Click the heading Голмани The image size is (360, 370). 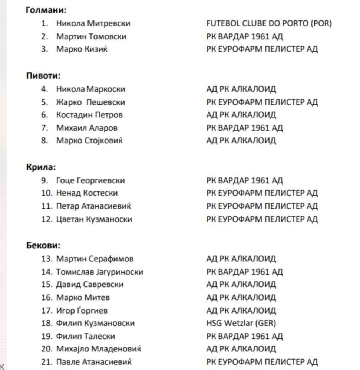pos(43,10)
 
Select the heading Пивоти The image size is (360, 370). pos(43,76)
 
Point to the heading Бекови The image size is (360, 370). pos(43,246)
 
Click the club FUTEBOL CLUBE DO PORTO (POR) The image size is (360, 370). pos(269,23)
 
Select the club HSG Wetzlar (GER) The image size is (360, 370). pos(241,323)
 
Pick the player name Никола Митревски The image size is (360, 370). pos(93,23)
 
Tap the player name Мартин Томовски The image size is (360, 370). pos(91,36)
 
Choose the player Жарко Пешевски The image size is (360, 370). pos(90,102)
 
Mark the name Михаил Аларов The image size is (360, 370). pos(87,128)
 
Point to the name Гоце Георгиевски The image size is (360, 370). pos(90,181)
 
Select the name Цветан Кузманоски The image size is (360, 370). pos(94,219)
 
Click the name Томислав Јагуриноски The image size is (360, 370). pos(99,272)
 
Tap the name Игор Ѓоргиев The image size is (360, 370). pos(82,311)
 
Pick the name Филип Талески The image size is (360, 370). pos(86,336)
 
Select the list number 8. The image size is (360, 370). pos(45,141)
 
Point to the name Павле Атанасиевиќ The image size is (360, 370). pos(94,362)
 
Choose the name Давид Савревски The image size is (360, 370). pos(90,285)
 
